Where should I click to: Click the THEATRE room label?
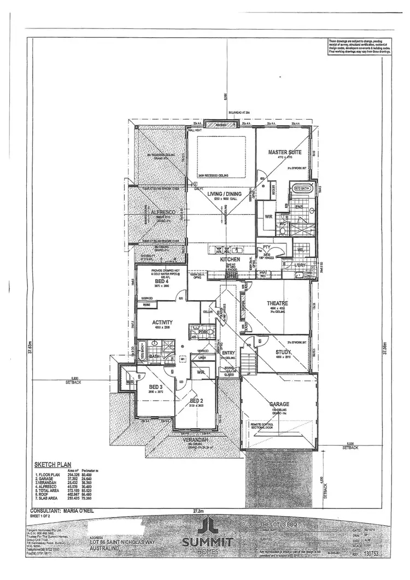278,303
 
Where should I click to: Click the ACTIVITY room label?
163,323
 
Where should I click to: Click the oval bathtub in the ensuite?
299,189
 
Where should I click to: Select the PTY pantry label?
267,248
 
